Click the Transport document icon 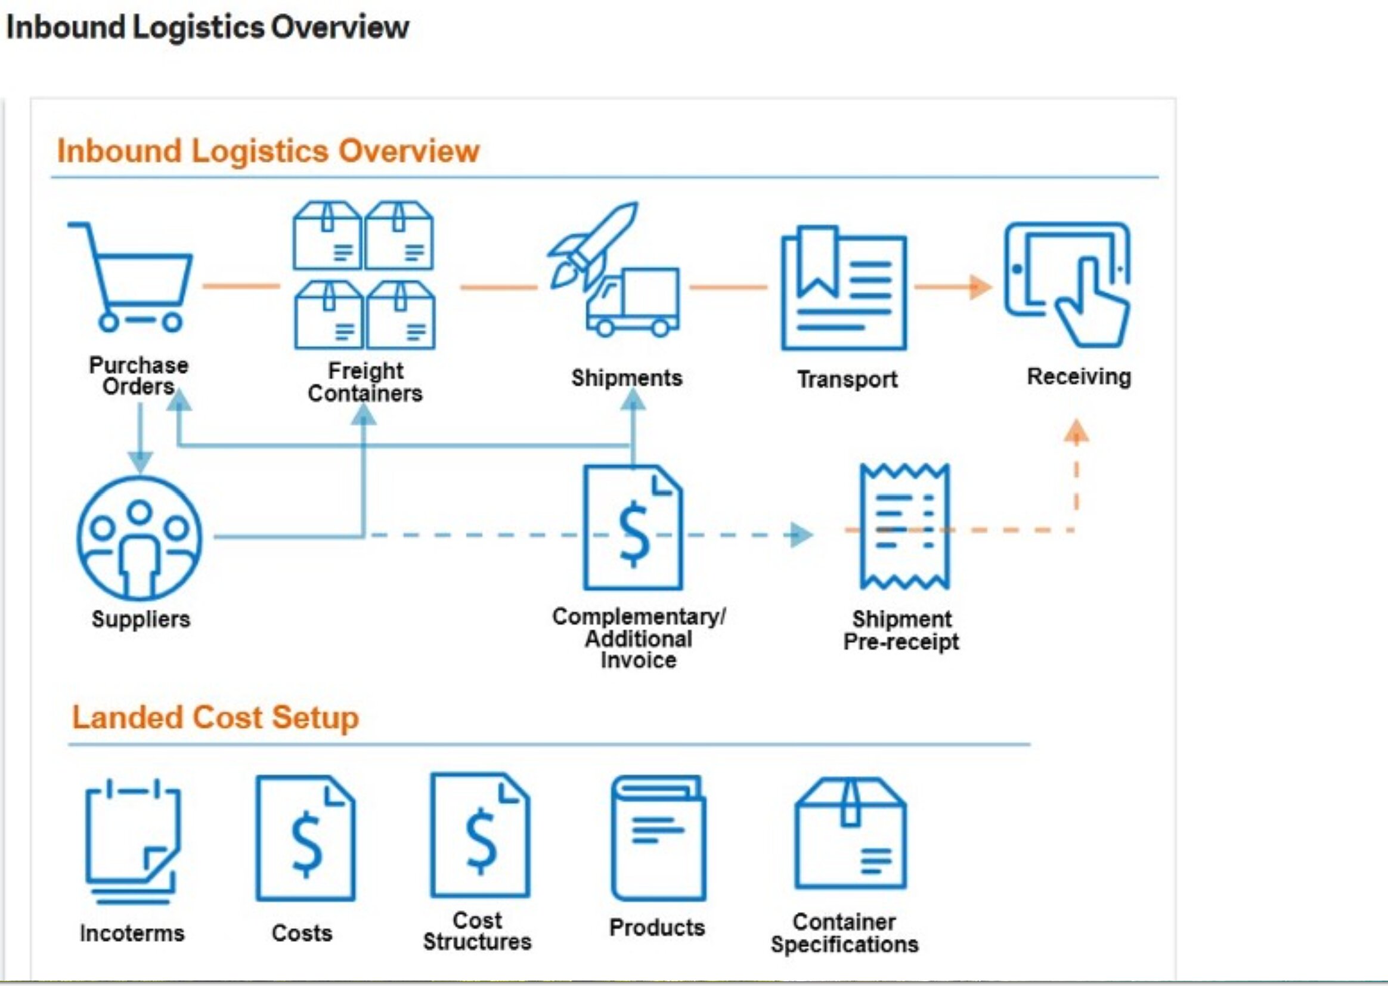[x=844, y=289]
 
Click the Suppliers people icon [x=140, y=538]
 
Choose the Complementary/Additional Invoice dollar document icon [x=633, y=527]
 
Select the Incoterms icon [x=132, y=841]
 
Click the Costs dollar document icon [x=305, y=838]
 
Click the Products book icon [x=658, y=838]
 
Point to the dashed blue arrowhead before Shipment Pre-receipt [x=801, y=535]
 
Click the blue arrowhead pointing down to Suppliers [x=140, y=462]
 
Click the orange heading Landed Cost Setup [x=215, y=718]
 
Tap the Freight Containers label [x=365, y=382]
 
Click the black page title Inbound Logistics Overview [x=207, y=27]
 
